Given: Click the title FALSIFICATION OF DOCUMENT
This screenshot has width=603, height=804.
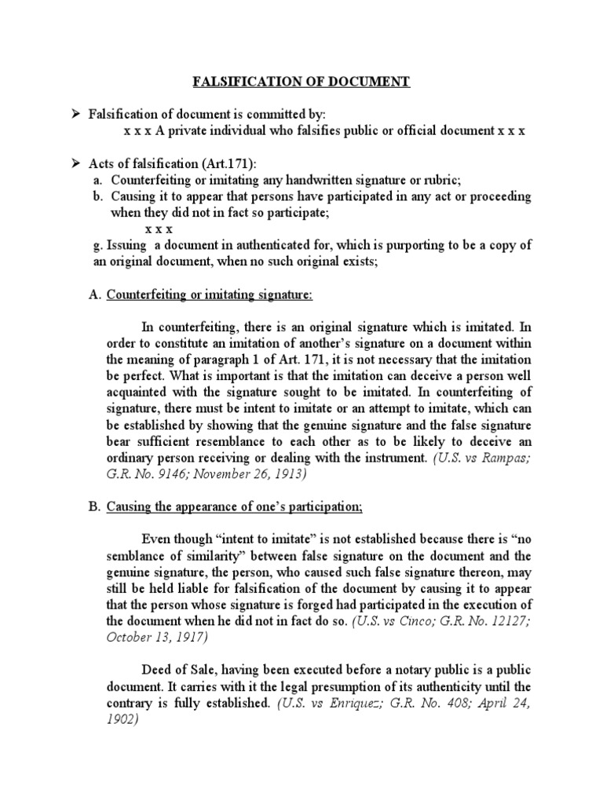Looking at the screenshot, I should tap(301, 82).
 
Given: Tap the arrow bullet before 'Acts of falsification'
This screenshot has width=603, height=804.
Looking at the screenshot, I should tap(77, 163).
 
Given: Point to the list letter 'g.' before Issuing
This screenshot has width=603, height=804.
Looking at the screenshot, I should tap(98, 245).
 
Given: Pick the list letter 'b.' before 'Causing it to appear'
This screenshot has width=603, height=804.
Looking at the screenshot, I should tap(98, 196).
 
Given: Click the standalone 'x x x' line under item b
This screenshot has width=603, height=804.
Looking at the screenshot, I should tap(159, 228).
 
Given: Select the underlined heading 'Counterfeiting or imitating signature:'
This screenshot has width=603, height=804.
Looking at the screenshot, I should tap(210, 294).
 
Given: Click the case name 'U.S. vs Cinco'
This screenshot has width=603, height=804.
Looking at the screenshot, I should tap(390, 620).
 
